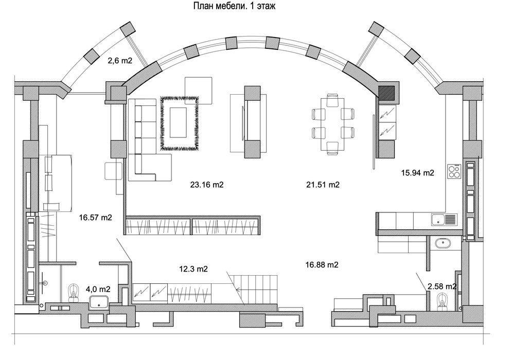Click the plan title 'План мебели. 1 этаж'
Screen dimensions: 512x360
pos(234,6)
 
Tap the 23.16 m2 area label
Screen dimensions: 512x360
pos(207,185)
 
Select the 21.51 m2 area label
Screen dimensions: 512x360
pos(323,185)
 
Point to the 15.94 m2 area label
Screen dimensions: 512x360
pos(418,173)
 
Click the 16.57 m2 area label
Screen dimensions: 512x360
pos(95,218)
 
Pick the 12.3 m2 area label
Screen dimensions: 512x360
pos(193,269)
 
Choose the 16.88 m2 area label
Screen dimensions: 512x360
pos(322,265)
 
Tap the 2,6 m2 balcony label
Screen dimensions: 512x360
pos(120,60)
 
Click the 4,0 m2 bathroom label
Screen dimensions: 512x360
pos(98,289)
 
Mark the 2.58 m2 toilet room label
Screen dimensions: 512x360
pos(442,286)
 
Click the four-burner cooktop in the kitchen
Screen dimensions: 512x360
pos(454,171)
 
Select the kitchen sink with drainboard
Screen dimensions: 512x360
pos(444,220)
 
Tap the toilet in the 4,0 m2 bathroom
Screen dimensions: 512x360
pos(74,293)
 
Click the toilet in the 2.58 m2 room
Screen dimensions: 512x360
pos(443,301)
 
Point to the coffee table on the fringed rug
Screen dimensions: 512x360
pos(178,122)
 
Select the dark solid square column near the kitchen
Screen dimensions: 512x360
pos(386,93)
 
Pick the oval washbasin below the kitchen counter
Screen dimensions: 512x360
pos(443,243)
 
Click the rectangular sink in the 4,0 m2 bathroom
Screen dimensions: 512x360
pos(99,302)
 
